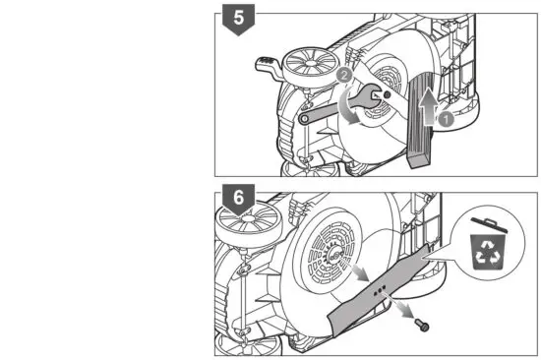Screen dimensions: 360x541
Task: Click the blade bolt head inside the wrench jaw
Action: [383, 95]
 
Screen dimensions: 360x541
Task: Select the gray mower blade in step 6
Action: [389, 285]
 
